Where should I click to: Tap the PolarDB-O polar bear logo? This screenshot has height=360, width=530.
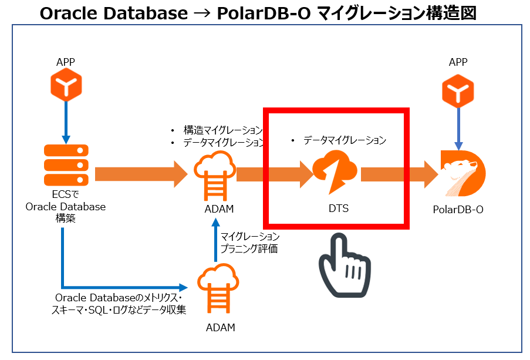coord(463,173)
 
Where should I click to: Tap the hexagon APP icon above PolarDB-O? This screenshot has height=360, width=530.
coord(458,90)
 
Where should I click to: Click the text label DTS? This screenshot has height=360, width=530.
coord(335,208)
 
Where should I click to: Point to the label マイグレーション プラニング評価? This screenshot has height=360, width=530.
coord(249,242)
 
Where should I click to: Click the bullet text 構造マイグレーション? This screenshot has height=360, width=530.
coord(222,130)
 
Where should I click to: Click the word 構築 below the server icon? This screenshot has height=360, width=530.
coord(66,218)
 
